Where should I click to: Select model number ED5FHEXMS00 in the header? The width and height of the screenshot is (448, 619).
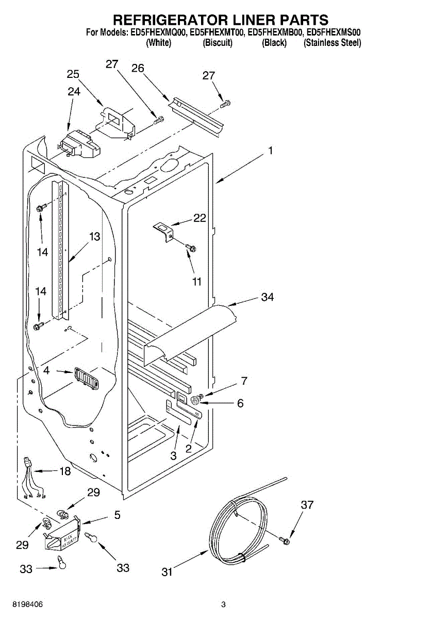pos(333,32)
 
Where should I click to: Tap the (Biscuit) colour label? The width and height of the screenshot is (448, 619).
pos(218,43)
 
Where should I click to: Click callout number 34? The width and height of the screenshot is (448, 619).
pos(268,297)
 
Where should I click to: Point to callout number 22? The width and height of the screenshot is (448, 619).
pos(200,218)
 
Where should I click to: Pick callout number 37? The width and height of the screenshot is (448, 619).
pos(307,505)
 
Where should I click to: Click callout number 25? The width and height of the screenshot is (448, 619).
pos(73,74)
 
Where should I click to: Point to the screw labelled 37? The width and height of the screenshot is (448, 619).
pos(284,540)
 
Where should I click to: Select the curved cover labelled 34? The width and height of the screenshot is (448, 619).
pos(191,333)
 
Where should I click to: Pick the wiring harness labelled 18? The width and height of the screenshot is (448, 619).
pos(30,477)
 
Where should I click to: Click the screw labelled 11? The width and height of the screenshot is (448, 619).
pos(191,249)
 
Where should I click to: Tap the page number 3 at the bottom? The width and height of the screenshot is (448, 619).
pos(224,604)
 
